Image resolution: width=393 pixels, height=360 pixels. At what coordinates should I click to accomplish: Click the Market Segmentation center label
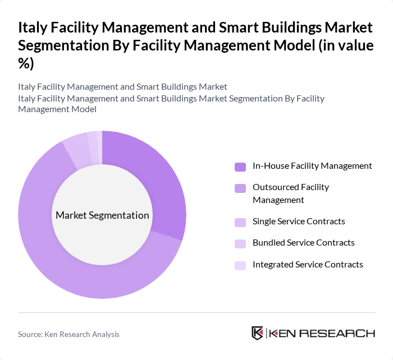(102, 215)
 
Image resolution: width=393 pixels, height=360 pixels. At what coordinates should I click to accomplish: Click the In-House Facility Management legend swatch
(240, 167)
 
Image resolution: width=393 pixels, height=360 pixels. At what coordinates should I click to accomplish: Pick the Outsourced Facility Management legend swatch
(240, 188)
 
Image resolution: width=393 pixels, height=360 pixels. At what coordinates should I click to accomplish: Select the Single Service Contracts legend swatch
(240, 221)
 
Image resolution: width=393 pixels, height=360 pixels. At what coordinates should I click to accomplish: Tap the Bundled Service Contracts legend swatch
(240, 243)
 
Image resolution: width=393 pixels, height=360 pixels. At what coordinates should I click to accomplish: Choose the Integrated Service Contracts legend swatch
(240, 265)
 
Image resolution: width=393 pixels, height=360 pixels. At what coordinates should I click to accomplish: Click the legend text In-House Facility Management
(312, 166)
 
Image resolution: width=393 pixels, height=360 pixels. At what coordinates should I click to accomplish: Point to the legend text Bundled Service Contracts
(303, 243)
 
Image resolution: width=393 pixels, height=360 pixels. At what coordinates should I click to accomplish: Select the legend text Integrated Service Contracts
(308, 264)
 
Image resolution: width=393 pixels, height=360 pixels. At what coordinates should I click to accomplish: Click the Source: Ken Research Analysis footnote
(68, 334)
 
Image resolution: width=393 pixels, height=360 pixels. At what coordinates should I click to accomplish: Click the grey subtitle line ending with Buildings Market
(122, 87)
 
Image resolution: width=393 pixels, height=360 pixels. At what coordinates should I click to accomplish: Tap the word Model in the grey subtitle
(83, 109)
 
